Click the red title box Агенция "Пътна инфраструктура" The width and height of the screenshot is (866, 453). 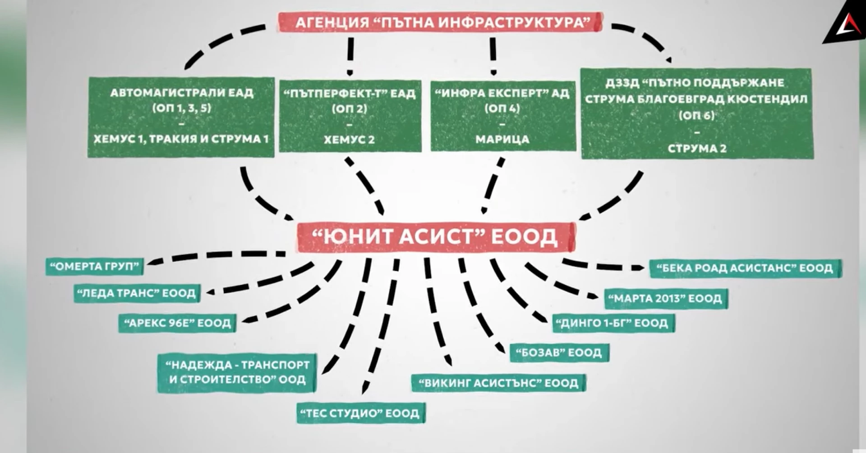[x=441, y=23]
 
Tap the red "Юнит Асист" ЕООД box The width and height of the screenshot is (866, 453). [x=436, y=236]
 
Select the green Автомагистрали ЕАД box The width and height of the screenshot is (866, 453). [x=181, y=117]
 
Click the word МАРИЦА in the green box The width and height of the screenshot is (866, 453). [x=502, y=139]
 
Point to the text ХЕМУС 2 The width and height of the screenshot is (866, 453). [x=350, y=140]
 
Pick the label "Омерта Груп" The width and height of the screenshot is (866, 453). [x=94, y=267]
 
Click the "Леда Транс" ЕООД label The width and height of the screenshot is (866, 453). [x=137, y=294]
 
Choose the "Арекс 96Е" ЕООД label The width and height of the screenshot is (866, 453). [x=177, y=323]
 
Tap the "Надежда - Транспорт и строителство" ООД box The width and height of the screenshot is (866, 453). [x=237, y=372]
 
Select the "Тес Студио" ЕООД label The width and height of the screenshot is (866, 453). [x=361, y=413]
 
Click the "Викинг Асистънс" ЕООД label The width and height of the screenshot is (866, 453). [x=499, y=383]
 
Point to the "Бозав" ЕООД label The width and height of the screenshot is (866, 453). [x=559, y=353]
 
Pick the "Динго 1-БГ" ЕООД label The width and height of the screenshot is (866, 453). [x=614, y=323]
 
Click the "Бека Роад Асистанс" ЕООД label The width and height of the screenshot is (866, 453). [x=745, y=268]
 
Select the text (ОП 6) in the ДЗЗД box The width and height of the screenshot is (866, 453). [x=697, y=116]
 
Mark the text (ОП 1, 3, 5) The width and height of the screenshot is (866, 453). [x=181, y=108]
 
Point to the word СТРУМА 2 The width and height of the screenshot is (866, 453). [x=697, y=149]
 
